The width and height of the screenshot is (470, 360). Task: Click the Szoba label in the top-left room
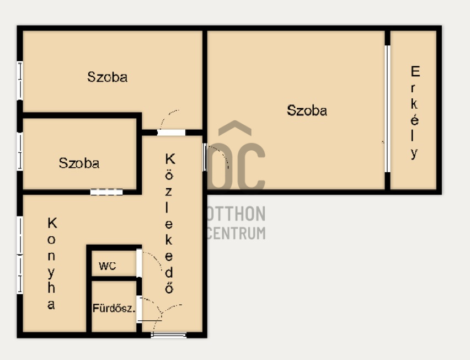[107, 77]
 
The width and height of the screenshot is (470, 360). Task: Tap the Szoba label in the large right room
[307, 110]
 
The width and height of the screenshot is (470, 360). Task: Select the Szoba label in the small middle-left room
[79, 163]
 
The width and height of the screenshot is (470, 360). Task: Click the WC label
[108, 266]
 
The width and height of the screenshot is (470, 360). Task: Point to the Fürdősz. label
[114, 308]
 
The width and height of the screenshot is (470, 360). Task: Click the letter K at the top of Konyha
[52, 224]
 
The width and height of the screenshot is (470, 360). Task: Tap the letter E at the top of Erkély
[415, 71]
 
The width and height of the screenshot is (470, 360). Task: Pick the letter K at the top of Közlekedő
[170, 159]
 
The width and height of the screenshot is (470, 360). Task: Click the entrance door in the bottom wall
[168, 335]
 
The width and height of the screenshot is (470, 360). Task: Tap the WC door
[140, 263]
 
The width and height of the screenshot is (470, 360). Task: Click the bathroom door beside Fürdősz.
[140, 309]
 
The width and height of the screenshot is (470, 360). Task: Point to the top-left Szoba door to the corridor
[171, 133]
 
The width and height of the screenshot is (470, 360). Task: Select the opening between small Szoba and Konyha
[106, 192]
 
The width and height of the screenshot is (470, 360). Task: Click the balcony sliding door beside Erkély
[387, 109]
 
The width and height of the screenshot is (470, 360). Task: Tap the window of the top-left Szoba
[20, 81]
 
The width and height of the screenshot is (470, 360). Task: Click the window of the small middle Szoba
[20, 151]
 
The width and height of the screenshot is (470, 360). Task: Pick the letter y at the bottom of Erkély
[414, 153]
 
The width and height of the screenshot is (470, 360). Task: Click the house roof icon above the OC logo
[235, 128]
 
